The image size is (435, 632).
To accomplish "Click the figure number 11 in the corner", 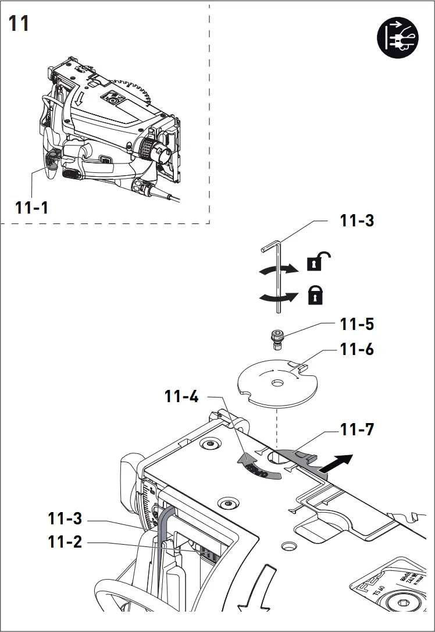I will [x=19, y=24].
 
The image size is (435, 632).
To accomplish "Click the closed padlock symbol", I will [x=315, y=296].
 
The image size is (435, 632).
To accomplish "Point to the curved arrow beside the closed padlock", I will [x=276, y=297].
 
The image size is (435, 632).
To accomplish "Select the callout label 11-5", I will [x=357, y=324].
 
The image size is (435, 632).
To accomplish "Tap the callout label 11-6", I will [x=357, y=350].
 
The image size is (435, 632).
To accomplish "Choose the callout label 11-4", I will [x=181, y=397].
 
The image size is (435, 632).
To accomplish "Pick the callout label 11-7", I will [x=357, y=430].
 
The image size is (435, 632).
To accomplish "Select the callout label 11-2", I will [x=65, y=542].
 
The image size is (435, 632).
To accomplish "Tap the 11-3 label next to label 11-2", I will [x=65, y=517].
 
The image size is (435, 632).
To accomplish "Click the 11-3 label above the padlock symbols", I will [x=357, y=221].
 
